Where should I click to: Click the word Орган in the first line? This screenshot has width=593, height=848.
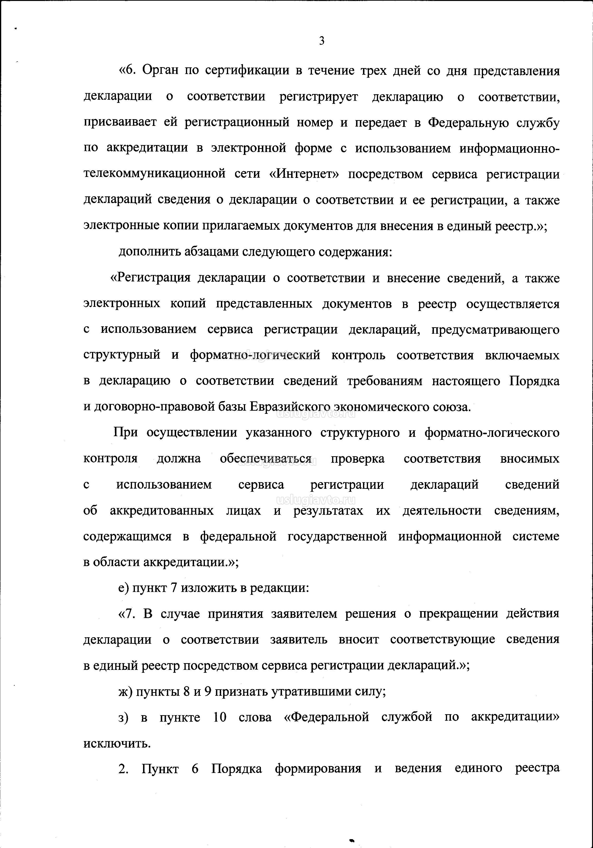tap(158, 70)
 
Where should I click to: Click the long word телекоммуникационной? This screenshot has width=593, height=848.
tap(154, 174)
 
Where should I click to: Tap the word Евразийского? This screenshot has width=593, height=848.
tap(291, 407)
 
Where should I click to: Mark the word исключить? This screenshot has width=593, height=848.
tap(117, 743)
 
